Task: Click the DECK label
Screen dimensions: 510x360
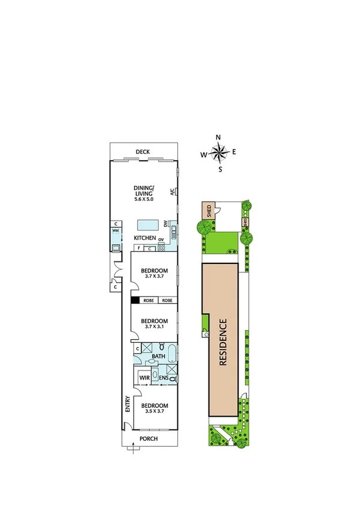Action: click(142, 151)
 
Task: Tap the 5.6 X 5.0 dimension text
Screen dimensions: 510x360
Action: click(144, 199)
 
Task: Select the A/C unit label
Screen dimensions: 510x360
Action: click(172, 192)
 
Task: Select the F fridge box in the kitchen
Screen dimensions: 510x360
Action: click(139, 247)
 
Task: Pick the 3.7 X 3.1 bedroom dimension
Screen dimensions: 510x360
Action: click(154, 328)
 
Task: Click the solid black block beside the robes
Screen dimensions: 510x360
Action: click(135, 300)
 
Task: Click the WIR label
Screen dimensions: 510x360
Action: click(144, 378)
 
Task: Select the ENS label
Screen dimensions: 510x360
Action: click(163, 378)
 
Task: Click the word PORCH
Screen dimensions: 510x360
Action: click(148, 438)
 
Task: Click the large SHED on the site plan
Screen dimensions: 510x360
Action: click(208, 211)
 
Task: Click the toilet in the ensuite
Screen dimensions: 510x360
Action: click(173, 379)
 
